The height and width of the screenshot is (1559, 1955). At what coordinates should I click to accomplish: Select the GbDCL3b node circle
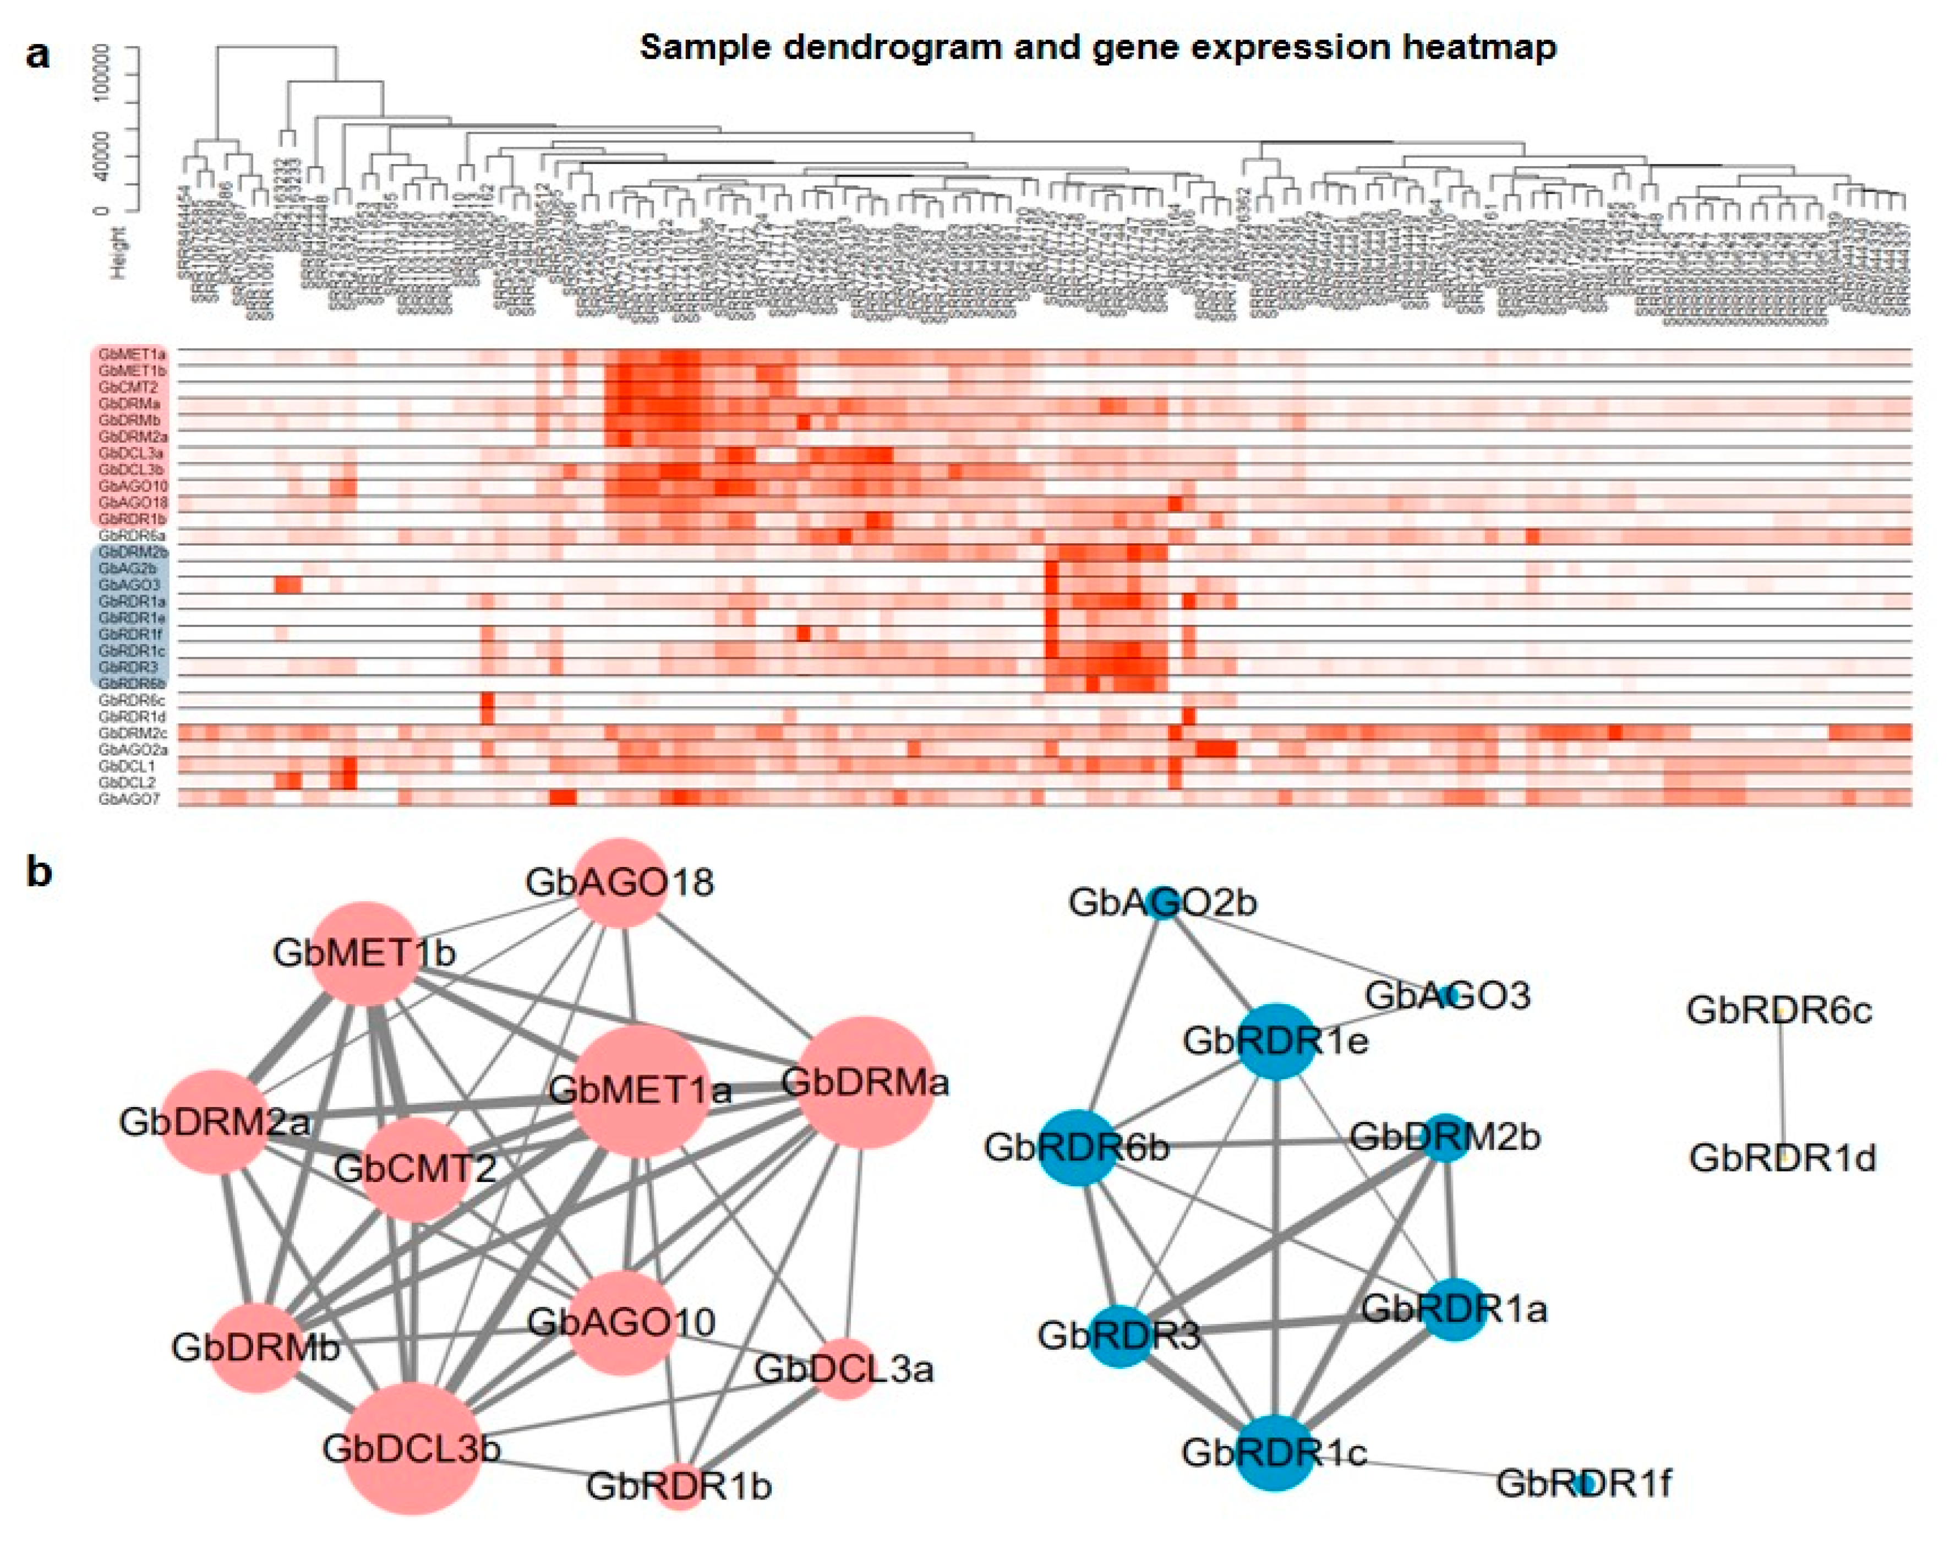click(x=413, y=1448)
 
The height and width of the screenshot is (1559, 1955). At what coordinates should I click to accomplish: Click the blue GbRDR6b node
click(x=1077, y=1148)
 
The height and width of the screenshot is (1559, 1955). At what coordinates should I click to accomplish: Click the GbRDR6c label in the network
click(x=1779, y=1010)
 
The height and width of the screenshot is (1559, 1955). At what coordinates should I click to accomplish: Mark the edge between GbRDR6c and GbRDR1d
click(x=1782, y=1084)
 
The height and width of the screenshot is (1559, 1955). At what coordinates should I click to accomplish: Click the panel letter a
click(x=38, y=55)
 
